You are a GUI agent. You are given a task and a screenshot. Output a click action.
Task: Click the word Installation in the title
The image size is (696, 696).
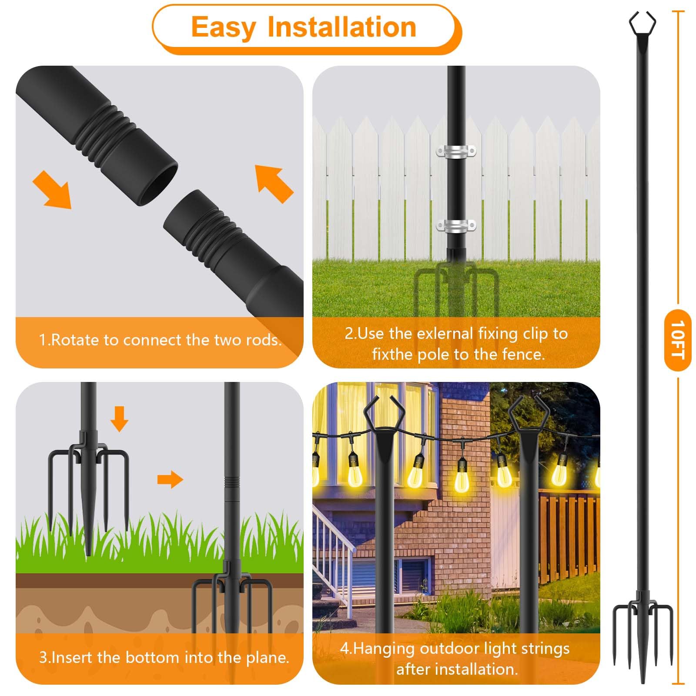coord(342,27)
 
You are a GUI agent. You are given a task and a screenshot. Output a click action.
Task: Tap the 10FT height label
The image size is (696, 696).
coord(677,340)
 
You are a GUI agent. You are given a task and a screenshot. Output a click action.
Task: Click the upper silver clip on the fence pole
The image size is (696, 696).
coord(456,152)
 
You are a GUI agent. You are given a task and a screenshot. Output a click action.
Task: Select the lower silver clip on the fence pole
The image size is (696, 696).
coord(456,226)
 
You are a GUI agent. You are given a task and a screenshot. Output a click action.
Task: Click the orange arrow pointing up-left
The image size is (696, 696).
coord(274,184)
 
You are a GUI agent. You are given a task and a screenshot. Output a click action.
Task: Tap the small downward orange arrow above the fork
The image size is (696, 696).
coord(119,419)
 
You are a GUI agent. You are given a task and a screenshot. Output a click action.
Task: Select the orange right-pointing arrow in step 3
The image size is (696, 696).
coord(170,479)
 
